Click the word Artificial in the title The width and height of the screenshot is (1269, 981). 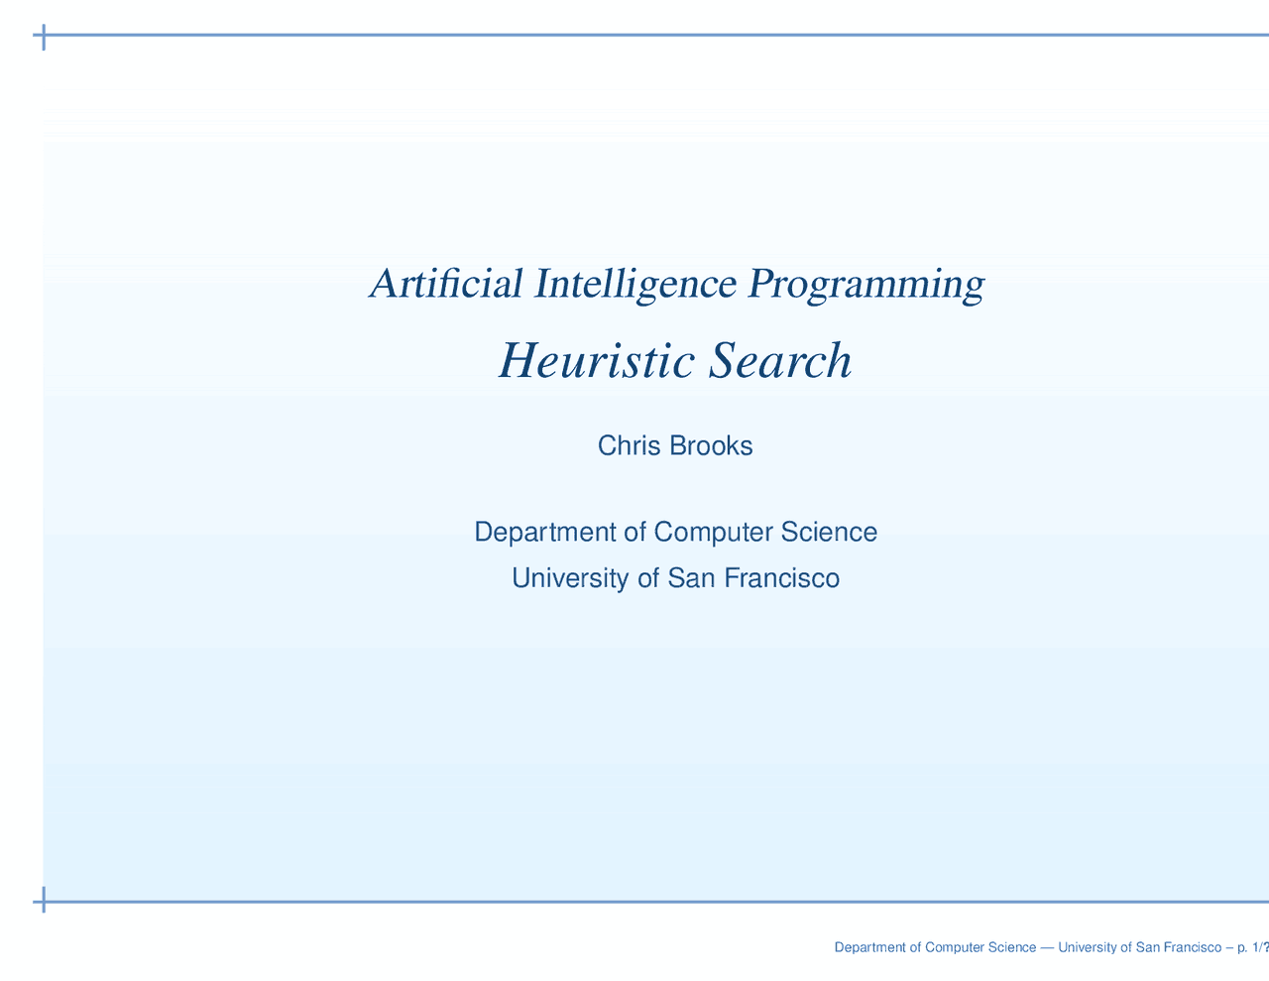pyautogui.click(x=447, y=284)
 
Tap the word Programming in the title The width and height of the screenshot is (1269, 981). pyautogui.click(x=866, y=284)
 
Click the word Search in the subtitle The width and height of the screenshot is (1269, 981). pyautogui.click(x=780, y=361)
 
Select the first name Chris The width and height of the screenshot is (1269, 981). pyautogui.click(x=630, y=446)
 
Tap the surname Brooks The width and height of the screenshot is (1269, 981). pyautogui.click(x=711, y=446)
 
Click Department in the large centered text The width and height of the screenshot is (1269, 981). pyautogui.click(x=544, y=533)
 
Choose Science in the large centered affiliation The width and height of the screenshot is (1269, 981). pyautogui.click(x=829, y=533)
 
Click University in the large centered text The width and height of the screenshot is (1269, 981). pyautogui.click(x=571, y=578)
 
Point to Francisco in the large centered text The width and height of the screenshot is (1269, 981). pyautogui.click(x=782, y=578)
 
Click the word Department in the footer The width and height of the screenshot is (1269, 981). pyautogui.click(x=869, y=948)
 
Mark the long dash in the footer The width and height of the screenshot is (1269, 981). pyautogui.click(x=1048, y=948)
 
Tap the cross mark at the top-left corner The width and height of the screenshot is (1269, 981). pyautogui.click(x=44, y=38)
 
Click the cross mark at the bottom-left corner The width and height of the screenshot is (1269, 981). pyautogui.click(x=44, y=902)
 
